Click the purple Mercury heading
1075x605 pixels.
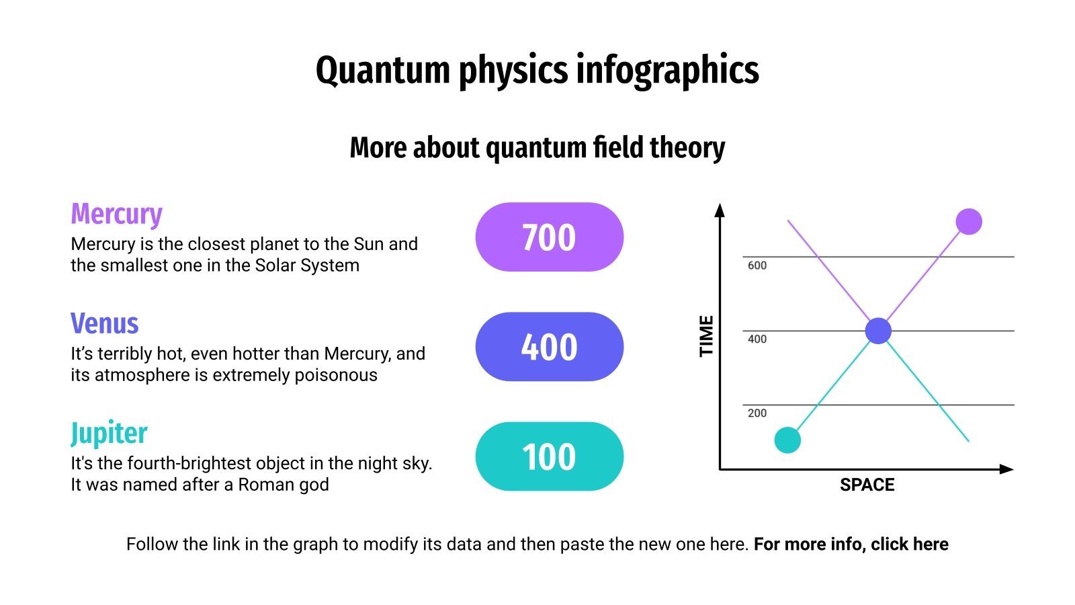pyautogui.click(x=116, y=214)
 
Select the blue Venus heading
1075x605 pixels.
pyautogui.click(x=105, y=324)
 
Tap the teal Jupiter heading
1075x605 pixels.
pyautogui.click(x=109, y=434)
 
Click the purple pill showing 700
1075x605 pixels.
pyautogui.click(x=549, y=237)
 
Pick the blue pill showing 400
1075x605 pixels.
pyautogui.click(x=549, y=347)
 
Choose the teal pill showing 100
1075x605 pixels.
pyautogui.click(x=549, y=456)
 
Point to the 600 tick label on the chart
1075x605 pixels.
pyautogui.click(x=757, y=266)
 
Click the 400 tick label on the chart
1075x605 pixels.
pyautogui.click(x=757, y=339)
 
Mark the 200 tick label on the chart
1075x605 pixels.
pyautogui.click(x=757, y=413)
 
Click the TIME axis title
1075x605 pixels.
pyautogui.click(x=706, y=336)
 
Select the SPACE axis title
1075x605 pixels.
pyautogui.click(x=867, y=485)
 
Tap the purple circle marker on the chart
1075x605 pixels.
pyautogui.click(x=968, y=221)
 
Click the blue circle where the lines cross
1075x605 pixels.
pyautogui.click(x=877, y=331)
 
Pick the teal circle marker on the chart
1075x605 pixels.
pyautogui.click(x=787, y=440)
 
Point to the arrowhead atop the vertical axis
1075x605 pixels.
pyautogui.click(x=720, y=210)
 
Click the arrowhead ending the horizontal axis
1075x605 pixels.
pyautogui.click(x=1006, y=469)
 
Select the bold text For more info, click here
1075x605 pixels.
pyautogui.click(x=851, y=544)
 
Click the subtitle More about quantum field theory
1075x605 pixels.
pyautogui.click(x=537, y=148)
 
